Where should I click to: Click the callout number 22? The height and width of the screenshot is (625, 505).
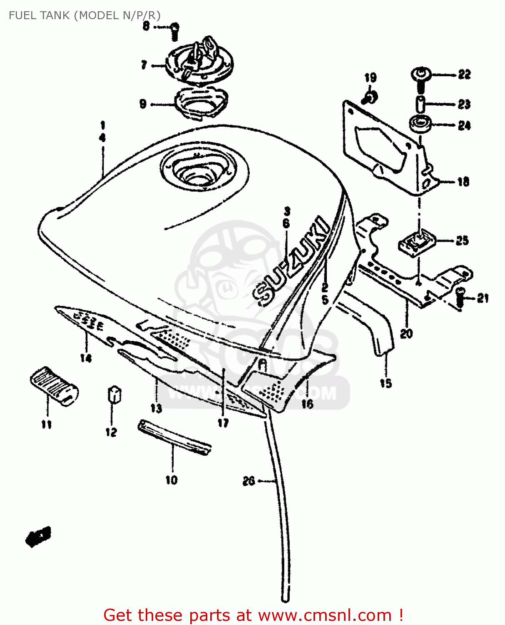pos(464,75)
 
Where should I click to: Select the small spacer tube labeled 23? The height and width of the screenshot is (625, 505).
pos(420,104)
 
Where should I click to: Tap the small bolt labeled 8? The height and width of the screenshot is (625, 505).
pos(175,31)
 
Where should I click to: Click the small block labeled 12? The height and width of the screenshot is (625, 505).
pos(114,394)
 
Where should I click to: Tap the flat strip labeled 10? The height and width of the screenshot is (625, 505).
pos(174,438)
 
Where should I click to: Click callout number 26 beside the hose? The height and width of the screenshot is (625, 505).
pos(249,481)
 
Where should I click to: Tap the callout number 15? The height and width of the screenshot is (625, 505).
pos(386,383)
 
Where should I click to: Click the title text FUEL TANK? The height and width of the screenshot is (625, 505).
pos(39,15)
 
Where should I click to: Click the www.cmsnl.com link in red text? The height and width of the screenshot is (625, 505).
pos(325,615)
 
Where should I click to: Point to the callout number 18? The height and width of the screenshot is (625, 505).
pos(463,182)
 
